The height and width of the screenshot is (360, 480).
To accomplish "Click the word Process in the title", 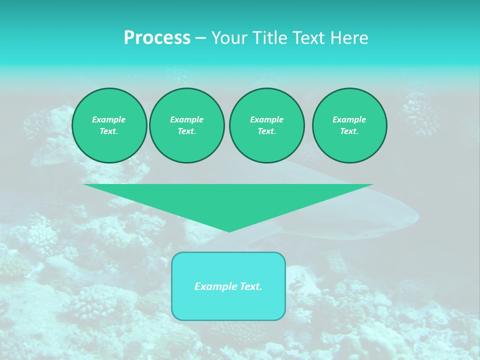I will (x=157, y=38).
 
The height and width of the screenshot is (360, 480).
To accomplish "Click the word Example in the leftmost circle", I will (x=109, y=119).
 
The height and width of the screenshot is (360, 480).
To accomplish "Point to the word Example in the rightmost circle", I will (x=349, y=119).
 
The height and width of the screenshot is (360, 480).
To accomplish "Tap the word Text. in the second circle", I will (x=187, y=131).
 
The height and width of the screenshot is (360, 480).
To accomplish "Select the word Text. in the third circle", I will (x=266, y=131).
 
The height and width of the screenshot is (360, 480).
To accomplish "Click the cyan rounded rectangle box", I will (x=228, y=305).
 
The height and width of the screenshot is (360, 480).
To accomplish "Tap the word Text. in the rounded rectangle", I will (x=250, y=286).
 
